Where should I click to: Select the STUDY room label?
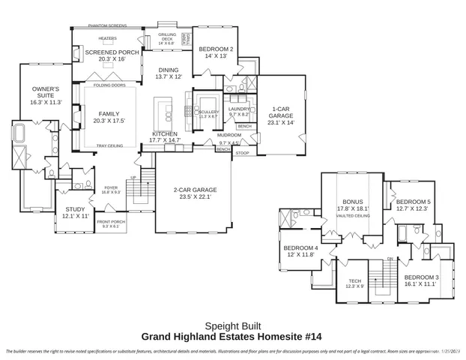pos(75,212)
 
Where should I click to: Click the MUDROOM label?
pos(229,136)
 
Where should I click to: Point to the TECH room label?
pos(354,281)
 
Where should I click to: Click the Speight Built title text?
pos(232,325)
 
